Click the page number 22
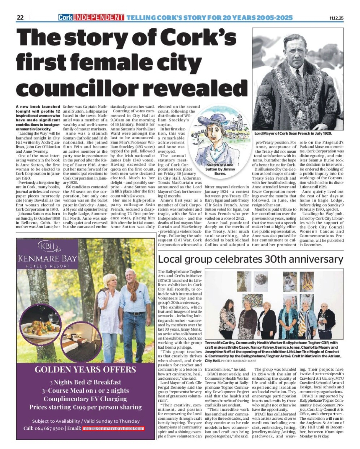click(20, 18)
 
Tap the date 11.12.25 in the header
click(336, 18)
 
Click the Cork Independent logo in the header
click(91, 18)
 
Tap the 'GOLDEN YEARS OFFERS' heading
click(85, 369)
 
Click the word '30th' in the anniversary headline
click(276, 259)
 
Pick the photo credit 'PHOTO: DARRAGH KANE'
click(235, 361)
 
